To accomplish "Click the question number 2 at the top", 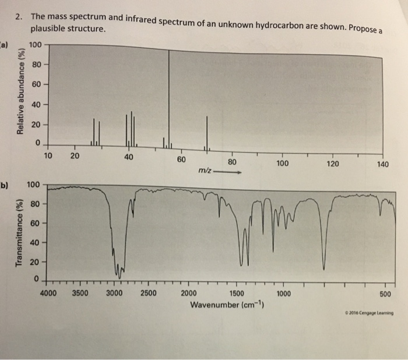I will [19, 16].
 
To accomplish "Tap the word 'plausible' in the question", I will [48, 29].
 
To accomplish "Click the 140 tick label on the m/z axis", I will [382, 164].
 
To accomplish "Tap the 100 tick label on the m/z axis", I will [282, 163].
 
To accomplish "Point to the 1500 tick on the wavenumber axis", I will [237, 294].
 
